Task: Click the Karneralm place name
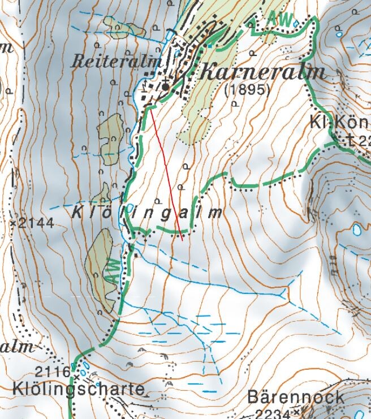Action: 263,72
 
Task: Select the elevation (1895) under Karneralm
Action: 247,90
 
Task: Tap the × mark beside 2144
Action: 13,223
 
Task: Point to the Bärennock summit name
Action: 296,396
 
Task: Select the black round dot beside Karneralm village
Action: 165,87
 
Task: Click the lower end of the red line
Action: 183,240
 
